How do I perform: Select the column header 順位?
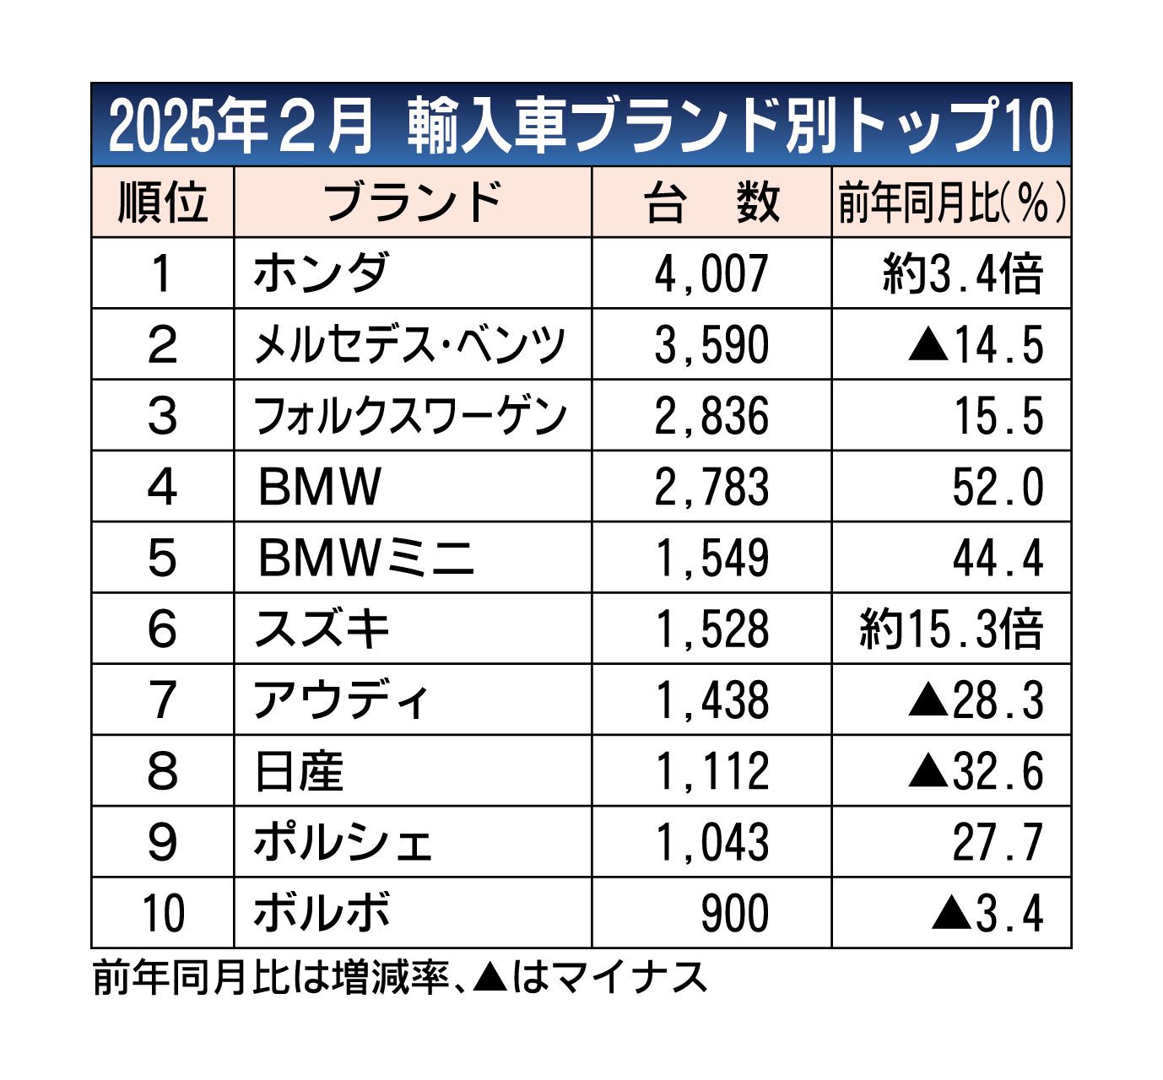162,202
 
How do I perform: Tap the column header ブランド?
412,202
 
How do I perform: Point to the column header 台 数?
711,202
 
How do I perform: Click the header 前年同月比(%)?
951,202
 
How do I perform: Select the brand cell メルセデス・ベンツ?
409,344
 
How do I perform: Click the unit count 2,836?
711,416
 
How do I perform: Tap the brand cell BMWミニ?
365,558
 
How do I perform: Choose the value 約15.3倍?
951,629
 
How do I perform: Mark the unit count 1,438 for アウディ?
711,700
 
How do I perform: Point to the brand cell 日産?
299,771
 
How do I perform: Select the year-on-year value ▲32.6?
976,771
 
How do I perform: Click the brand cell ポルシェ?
343,842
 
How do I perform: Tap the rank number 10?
162,913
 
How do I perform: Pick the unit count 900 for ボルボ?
735,913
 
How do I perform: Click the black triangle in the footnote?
490,977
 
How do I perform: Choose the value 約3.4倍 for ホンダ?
963,273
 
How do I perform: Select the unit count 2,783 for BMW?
711,487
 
